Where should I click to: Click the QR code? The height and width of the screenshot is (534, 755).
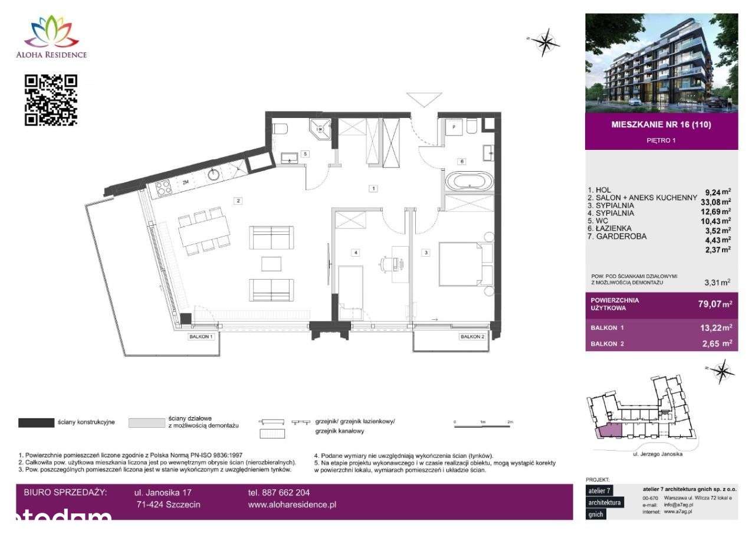click(51, 100)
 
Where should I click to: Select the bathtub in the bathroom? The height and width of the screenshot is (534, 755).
click(468, 181)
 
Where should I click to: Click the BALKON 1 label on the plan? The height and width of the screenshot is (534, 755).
click(201, 336)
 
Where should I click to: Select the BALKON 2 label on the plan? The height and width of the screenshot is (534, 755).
click(472, 336)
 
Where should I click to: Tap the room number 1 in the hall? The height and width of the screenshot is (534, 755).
click(373, 189)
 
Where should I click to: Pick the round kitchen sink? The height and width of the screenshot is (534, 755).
click(213, 175)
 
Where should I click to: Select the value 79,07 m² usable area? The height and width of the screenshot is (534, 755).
click(715, 304)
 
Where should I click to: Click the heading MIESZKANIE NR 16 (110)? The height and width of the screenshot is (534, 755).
click(661, 125)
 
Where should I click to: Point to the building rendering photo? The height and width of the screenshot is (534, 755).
click(661, 63)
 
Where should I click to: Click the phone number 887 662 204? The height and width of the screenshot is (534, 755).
click(278, 493)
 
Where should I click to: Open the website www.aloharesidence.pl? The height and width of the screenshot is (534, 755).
click(292, 505)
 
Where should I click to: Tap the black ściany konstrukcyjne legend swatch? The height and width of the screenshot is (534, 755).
click(37, 422)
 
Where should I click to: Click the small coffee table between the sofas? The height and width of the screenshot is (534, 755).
click(271, 263)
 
